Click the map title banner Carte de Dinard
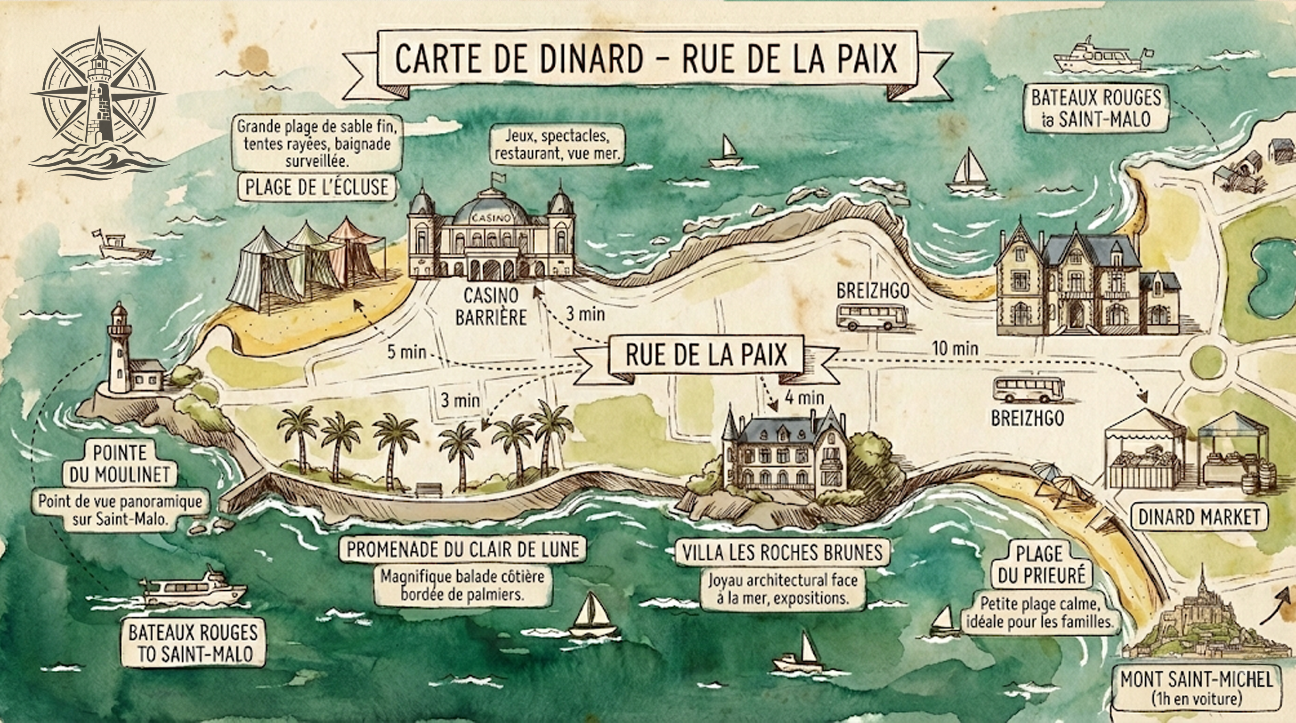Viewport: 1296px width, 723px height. (646, 59)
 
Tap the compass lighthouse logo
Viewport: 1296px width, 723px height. (98, 101)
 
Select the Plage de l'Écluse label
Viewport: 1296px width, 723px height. (317, 187)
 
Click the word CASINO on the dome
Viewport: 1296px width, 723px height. (491, 218)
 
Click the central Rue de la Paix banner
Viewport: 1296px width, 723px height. (706, 355)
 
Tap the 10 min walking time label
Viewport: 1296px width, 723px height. (955, 348)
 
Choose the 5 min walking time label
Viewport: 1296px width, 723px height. (406, 352)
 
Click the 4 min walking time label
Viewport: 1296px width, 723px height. (804, 398)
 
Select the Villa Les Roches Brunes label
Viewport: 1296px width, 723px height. (782, 553)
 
